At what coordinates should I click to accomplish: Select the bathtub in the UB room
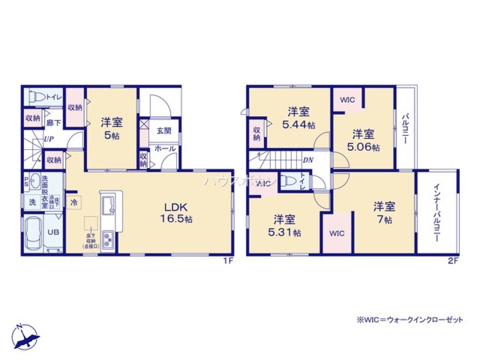pos(34,234)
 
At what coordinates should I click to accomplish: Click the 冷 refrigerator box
pos(74,203)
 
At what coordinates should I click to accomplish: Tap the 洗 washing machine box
pos(32,202)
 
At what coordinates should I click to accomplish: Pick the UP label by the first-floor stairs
pos(48,139)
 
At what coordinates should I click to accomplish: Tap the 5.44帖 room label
pos(298,118)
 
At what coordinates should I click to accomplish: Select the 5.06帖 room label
pos(363,140)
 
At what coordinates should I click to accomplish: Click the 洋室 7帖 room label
pos(384,213)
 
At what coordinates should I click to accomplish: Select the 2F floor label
pos(454,261)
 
